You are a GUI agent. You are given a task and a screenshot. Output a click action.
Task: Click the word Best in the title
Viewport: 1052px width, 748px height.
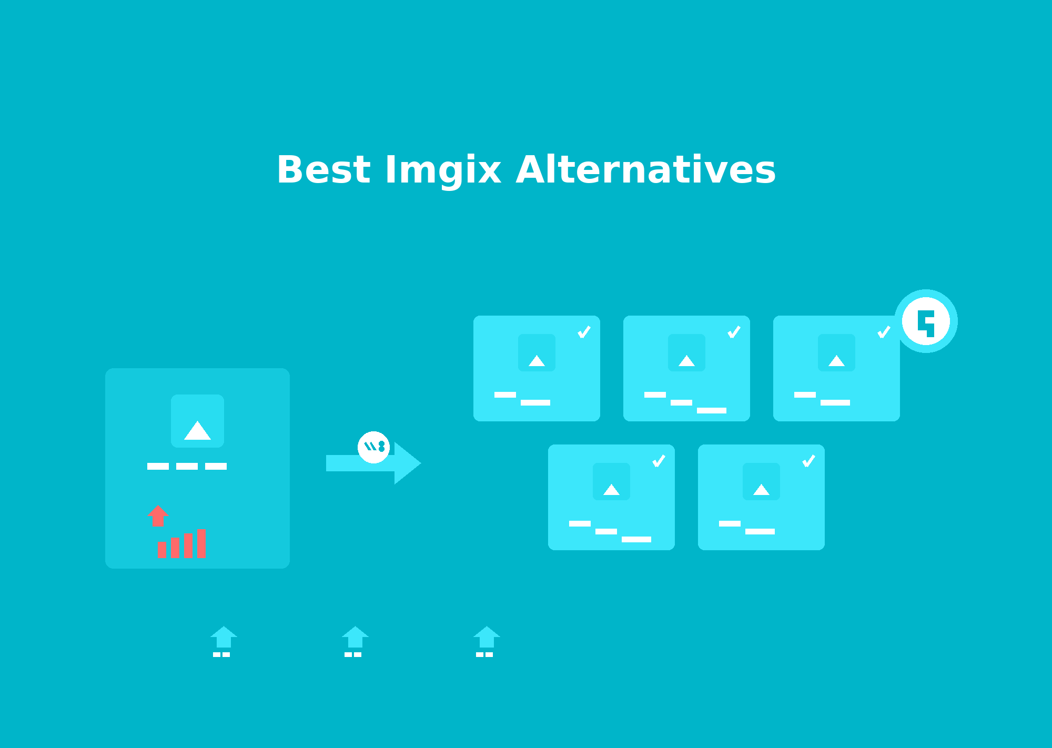click(323, 170)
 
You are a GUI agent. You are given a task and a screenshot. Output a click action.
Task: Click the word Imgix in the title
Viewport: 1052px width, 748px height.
click(443, 170)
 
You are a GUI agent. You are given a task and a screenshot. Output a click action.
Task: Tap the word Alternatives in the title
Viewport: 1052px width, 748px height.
click(645, 170)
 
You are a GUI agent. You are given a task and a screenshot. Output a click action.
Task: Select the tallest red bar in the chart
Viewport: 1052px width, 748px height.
click(201, 543)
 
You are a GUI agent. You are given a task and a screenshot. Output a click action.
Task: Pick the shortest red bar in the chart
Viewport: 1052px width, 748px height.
click(161, 550)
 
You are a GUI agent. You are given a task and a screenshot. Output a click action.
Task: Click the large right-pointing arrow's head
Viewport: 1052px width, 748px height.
click(407, 463)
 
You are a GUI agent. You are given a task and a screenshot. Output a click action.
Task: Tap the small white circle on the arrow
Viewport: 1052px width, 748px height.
click(373, 447)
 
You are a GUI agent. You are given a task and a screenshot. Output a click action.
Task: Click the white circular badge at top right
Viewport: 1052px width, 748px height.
click(926, 321)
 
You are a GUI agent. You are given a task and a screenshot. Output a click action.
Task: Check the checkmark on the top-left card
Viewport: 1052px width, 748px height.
click(584, 332)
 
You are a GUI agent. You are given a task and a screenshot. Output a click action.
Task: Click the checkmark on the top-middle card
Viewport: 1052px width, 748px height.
click(734, 332)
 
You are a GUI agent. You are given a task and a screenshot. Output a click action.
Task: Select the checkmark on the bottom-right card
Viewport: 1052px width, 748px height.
click(808, 461)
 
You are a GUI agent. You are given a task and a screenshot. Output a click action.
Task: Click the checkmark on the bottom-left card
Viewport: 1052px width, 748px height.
click(659, 461)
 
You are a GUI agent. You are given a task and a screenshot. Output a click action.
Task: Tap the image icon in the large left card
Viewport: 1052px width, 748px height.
click(197, 421)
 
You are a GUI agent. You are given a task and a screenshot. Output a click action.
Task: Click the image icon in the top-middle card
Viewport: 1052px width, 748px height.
click(686, 352)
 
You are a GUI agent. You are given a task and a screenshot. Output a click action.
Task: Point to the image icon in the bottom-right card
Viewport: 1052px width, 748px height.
click(761, 481)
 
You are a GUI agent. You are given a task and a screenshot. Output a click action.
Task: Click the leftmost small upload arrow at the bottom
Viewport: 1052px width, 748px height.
click(224, 638)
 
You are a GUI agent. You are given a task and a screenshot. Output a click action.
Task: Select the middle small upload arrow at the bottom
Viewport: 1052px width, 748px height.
click(355, 638)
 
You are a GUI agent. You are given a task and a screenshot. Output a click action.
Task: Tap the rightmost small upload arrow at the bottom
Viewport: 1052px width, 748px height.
click(487, 638)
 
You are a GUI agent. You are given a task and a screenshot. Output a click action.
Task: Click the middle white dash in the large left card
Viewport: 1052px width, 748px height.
click(187, 466)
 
